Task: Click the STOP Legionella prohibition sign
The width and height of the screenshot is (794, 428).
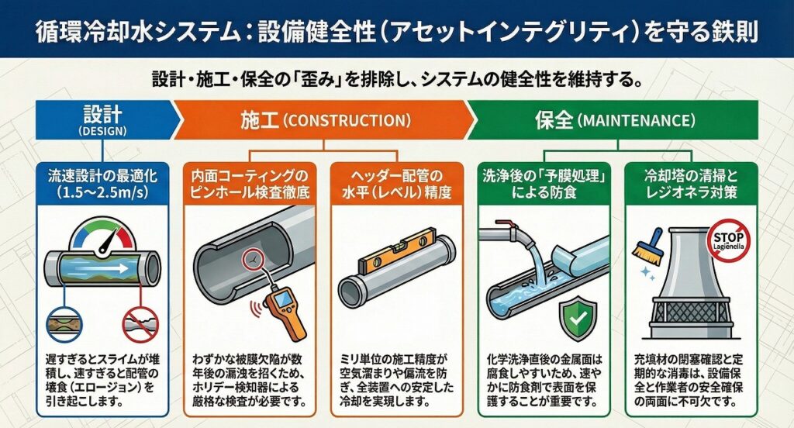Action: point(728,240)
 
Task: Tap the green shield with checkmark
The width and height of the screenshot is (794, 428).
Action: point(577,318)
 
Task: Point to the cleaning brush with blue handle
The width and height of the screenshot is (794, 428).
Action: point(647,248)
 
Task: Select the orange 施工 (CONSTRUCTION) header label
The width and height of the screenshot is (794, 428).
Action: point(325,120)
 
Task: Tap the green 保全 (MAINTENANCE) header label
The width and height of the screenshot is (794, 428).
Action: point(615,120)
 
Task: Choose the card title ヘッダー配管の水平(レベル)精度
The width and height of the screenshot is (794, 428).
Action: point(396,184)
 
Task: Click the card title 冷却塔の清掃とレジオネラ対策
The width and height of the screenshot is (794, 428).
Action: point(691,184)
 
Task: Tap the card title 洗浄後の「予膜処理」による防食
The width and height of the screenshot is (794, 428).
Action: point(544,184)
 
